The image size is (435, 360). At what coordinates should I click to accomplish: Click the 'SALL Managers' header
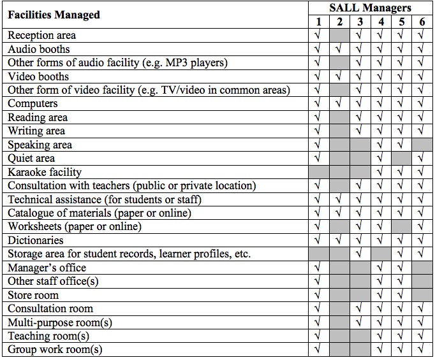coord(370,8)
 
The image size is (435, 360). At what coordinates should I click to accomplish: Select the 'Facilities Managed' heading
coord(54,15)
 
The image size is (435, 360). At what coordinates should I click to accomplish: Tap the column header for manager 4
coord(381,22)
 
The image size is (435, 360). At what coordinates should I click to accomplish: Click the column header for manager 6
coord(422,22)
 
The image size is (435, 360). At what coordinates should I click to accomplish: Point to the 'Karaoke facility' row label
coord(45,172)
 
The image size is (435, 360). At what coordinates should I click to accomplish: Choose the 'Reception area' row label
coord(41,35)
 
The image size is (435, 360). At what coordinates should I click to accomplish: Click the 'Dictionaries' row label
coord(36,240)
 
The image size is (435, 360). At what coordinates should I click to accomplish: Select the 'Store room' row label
coord(33,295)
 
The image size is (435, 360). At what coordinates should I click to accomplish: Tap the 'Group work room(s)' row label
coord(55,350)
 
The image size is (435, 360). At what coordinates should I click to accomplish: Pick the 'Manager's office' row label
coord(47,268)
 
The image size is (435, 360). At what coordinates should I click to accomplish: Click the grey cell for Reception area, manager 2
coord(339,35)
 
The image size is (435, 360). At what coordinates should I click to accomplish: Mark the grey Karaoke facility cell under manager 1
coord(318,172)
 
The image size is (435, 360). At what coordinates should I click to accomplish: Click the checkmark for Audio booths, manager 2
coord(339,49)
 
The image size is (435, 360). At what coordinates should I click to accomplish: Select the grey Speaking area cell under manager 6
coord(422,145)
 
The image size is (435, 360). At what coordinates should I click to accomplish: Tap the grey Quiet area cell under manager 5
coord(401,158)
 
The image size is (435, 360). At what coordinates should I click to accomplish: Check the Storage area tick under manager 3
coord(360,254)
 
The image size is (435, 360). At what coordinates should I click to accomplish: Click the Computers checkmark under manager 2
coord(339,104)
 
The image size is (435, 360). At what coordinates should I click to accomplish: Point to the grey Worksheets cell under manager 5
coord(401,227)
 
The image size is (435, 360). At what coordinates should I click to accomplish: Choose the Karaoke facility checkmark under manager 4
coord(381,172)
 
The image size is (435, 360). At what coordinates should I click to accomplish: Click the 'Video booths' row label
coord(38,76)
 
